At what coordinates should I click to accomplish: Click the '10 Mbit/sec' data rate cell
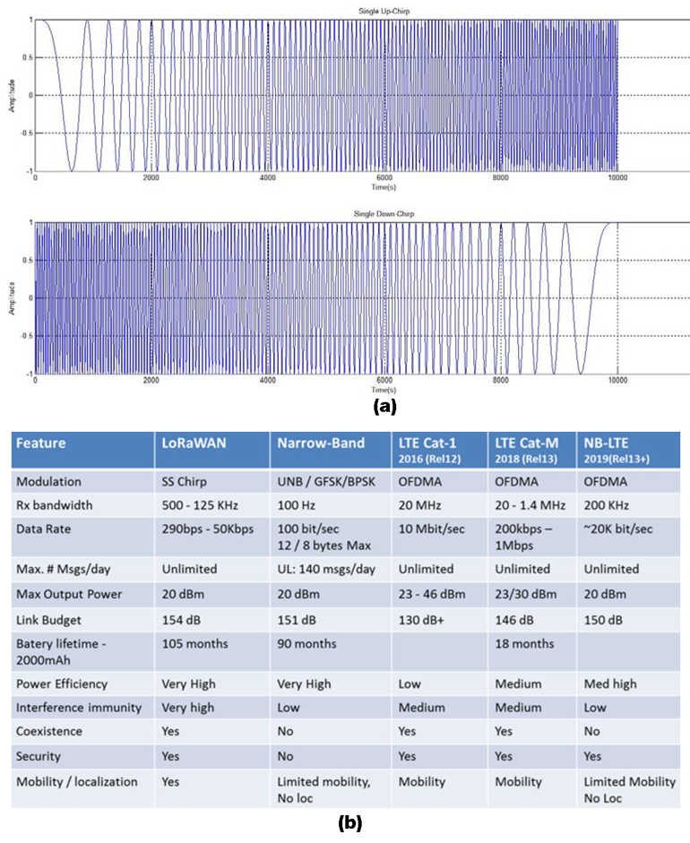(x=431, y=529)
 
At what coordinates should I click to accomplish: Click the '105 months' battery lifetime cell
(x=195, y=642)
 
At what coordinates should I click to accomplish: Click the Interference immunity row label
(x=79, y=708)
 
